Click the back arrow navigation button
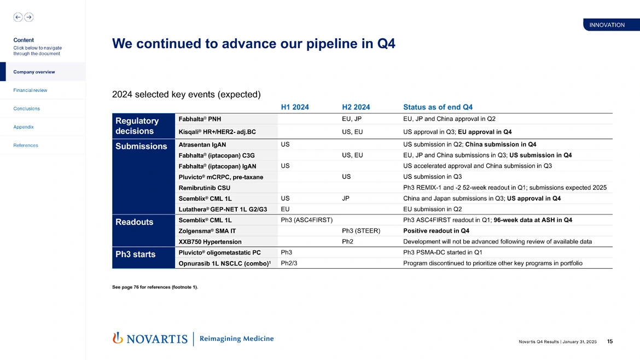(18, 17)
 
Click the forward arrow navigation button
(29, 17)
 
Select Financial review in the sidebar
(30, 90)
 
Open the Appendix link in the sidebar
(24, 127)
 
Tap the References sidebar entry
(26, 146)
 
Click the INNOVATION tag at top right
(607, 25)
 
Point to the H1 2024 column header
(294, 107)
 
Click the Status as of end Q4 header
(438, 107)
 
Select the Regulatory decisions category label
(137, 126)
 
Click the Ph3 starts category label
(136, 254)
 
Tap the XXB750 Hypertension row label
(210, 241)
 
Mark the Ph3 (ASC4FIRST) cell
(306, 220)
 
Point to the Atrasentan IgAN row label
(202, 145)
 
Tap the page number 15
(609, 342)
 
